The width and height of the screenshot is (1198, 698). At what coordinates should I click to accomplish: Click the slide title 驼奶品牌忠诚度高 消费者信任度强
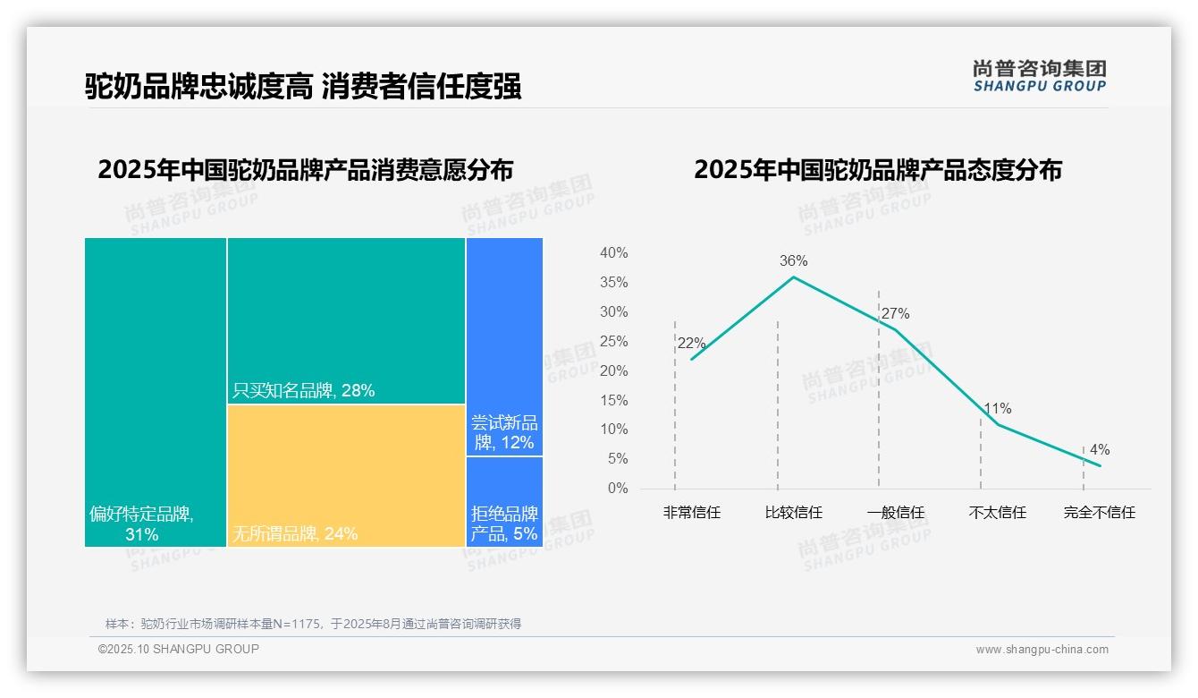click(303, 87)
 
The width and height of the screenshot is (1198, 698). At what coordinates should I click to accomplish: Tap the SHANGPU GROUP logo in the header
click(1040, 76)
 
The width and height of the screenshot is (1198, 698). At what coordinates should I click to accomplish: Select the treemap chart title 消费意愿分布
click(305, 170)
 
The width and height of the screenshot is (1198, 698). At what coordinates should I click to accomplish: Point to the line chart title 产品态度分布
click(877, 170)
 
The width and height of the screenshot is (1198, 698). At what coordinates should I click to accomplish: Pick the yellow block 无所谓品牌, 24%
click(346, 475)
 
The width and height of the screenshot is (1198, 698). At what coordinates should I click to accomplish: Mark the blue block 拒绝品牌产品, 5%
click(504, 501)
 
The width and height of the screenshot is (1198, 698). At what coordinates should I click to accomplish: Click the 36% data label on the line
click(793, 261)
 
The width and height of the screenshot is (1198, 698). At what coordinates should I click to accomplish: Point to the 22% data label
click(691, 344)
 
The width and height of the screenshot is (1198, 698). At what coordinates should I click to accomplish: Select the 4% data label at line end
click(1099, 450)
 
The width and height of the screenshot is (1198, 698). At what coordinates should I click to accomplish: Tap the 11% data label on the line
click(997, 409)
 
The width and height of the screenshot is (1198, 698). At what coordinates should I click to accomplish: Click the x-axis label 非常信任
click(691, 513)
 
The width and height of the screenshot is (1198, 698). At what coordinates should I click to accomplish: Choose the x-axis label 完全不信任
click(1099, 513)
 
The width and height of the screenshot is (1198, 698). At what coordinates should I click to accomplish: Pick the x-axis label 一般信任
click(895, 513)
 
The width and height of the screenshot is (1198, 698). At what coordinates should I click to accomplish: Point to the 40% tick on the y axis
click(613, 253)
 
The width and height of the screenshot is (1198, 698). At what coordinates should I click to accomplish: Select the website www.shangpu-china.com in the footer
click(1042, 650)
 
